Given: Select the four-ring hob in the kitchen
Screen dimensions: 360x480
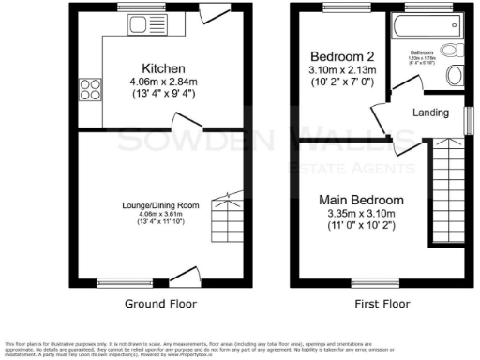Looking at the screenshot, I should [x=91, y=89].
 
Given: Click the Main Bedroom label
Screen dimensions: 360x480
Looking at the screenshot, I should [x=361, y=200].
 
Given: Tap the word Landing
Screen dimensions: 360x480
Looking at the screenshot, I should [x=430, y=112].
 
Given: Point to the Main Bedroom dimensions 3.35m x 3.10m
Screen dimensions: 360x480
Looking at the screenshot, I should [x=361, y=215].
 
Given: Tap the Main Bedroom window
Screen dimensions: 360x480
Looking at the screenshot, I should [x=367, y=281].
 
